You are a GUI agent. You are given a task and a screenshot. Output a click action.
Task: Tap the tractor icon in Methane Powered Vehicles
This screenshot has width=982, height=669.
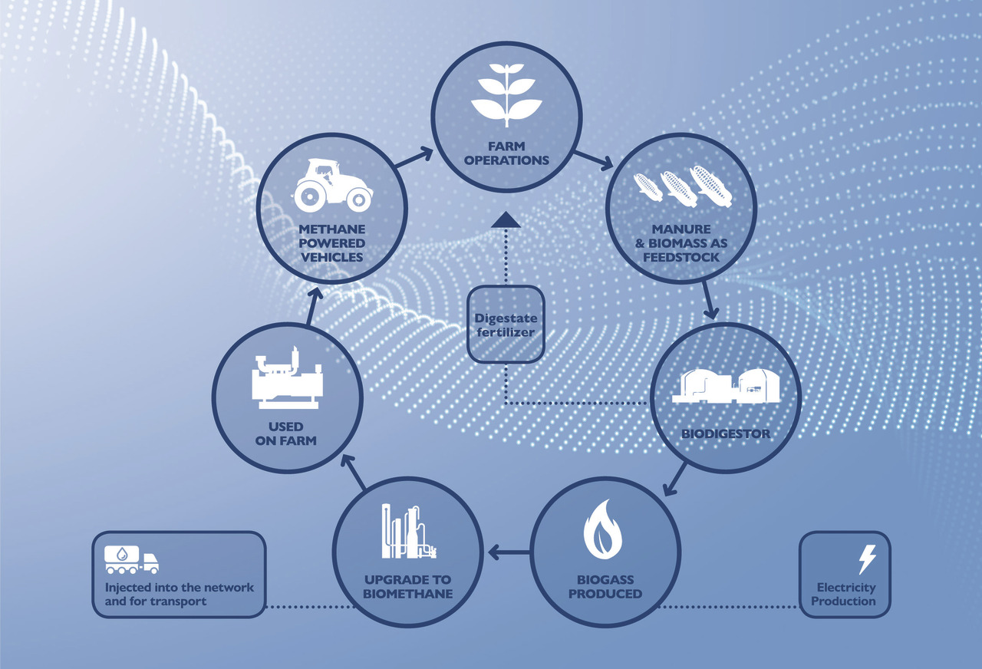point(332,185)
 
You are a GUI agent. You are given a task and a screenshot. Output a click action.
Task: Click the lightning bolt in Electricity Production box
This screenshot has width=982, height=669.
point(867,559)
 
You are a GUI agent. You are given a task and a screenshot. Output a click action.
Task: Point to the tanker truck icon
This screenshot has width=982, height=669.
point(131,559)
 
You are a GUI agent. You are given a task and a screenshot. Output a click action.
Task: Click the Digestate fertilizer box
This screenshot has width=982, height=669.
point(506,325)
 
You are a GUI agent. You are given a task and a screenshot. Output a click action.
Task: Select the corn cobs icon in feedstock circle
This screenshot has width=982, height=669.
point(679,186)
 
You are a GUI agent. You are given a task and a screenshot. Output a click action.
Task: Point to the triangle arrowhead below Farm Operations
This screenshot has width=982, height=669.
point(506,221)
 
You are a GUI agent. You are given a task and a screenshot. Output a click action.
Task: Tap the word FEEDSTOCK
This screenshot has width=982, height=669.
point(680,257)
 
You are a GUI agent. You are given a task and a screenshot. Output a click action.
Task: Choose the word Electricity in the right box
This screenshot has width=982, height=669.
point(845,588)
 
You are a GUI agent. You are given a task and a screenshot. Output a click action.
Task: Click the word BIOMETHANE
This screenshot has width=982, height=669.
point(407,593)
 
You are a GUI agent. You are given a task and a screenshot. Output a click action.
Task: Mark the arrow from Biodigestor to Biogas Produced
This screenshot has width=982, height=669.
point(676,479)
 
